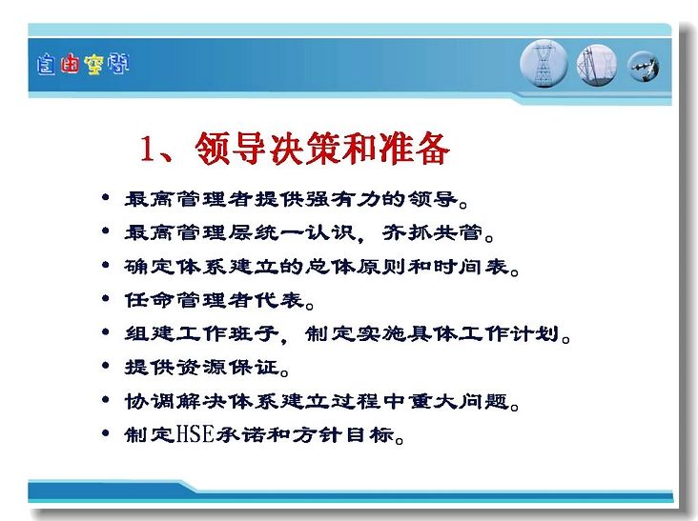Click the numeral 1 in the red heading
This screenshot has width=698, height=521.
coord(148,149)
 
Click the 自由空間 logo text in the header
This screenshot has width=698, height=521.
coord(83,65)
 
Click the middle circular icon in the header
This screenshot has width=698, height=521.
coord(597,65)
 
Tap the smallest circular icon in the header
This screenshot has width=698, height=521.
coord(644,67)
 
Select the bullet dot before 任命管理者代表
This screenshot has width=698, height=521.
coord(106,298)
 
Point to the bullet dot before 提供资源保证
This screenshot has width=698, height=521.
coord(106,366)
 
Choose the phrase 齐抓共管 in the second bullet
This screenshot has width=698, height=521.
coord(433,232)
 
